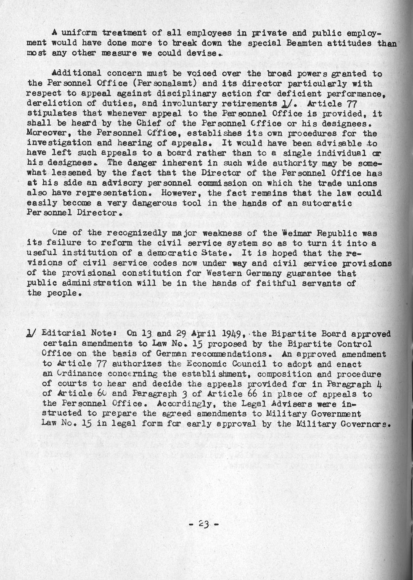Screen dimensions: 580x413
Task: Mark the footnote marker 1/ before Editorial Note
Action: (32, 334)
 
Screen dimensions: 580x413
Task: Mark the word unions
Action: (363, 183)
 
